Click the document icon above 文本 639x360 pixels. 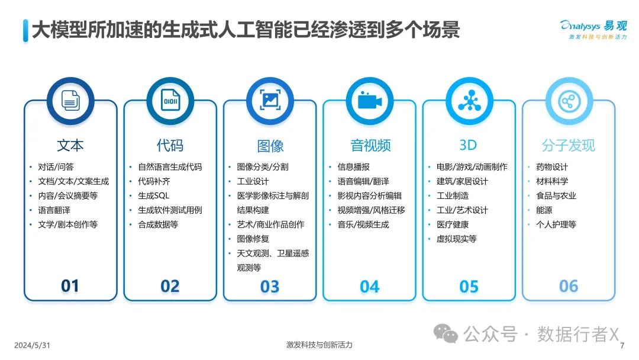[70, 101]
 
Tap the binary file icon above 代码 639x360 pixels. [170, 101]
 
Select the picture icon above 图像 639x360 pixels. [270, 100]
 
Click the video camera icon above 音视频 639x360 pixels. [370, 101]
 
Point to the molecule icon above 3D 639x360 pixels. [469, 101]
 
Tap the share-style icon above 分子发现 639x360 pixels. [569, 101]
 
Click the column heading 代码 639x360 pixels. [170, 145]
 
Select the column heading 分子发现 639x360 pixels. [569, 145]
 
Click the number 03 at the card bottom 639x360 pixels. [270, 287]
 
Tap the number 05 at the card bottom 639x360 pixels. [469, 287]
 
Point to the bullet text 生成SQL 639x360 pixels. [154, 196]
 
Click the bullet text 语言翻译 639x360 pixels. [54, 210]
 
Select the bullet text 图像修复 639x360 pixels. [253, 239]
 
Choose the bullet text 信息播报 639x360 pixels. [353, 167]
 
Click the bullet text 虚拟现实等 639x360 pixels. [456, 239]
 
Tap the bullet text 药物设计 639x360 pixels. [552, 167]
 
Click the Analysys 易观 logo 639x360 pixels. [594, 29]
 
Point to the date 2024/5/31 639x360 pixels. [32, 345]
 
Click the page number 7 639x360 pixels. [622, 346]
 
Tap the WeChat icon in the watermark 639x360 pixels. [446, 333]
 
